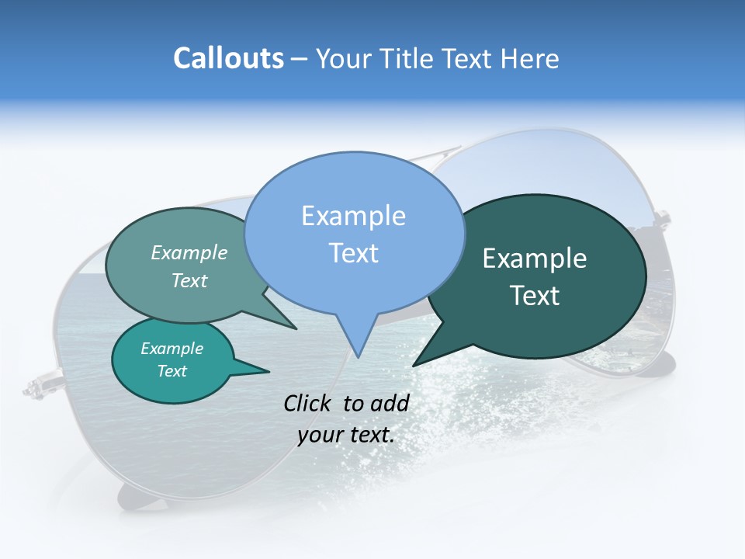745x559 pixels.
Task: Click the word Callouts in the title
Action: [228, 58]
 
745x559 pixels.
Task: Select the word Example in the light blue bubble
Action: [353, 216]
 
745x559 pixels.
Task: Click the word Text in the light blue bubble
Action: [353, 253]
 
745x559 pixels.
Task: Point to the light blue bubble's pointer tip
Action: [359, 356]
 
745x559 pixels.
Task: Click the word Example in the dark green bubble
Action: [535, 259]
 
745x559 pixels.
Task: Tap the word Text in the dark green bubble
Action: [535, 296]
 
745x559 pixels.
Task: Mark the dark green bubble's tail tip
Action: [414, 365]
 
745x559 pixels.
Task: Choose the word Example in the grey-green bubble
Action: [189, 252]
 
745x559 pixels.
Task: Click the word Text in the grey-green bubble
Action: [189, 280]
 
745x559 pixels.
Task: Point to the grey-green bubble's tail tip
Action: [296, 328]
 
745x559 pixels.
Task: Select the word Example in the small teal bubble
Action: [172, 349]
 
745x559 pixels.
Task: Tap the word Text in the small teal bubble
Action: [172, 371]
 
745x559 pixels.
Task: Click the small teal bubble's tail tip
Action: [269, 371]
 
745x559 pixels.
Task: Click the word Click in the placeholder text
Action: [309, 403]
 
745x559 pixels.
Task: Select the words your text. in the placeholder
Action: [346, 435]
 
